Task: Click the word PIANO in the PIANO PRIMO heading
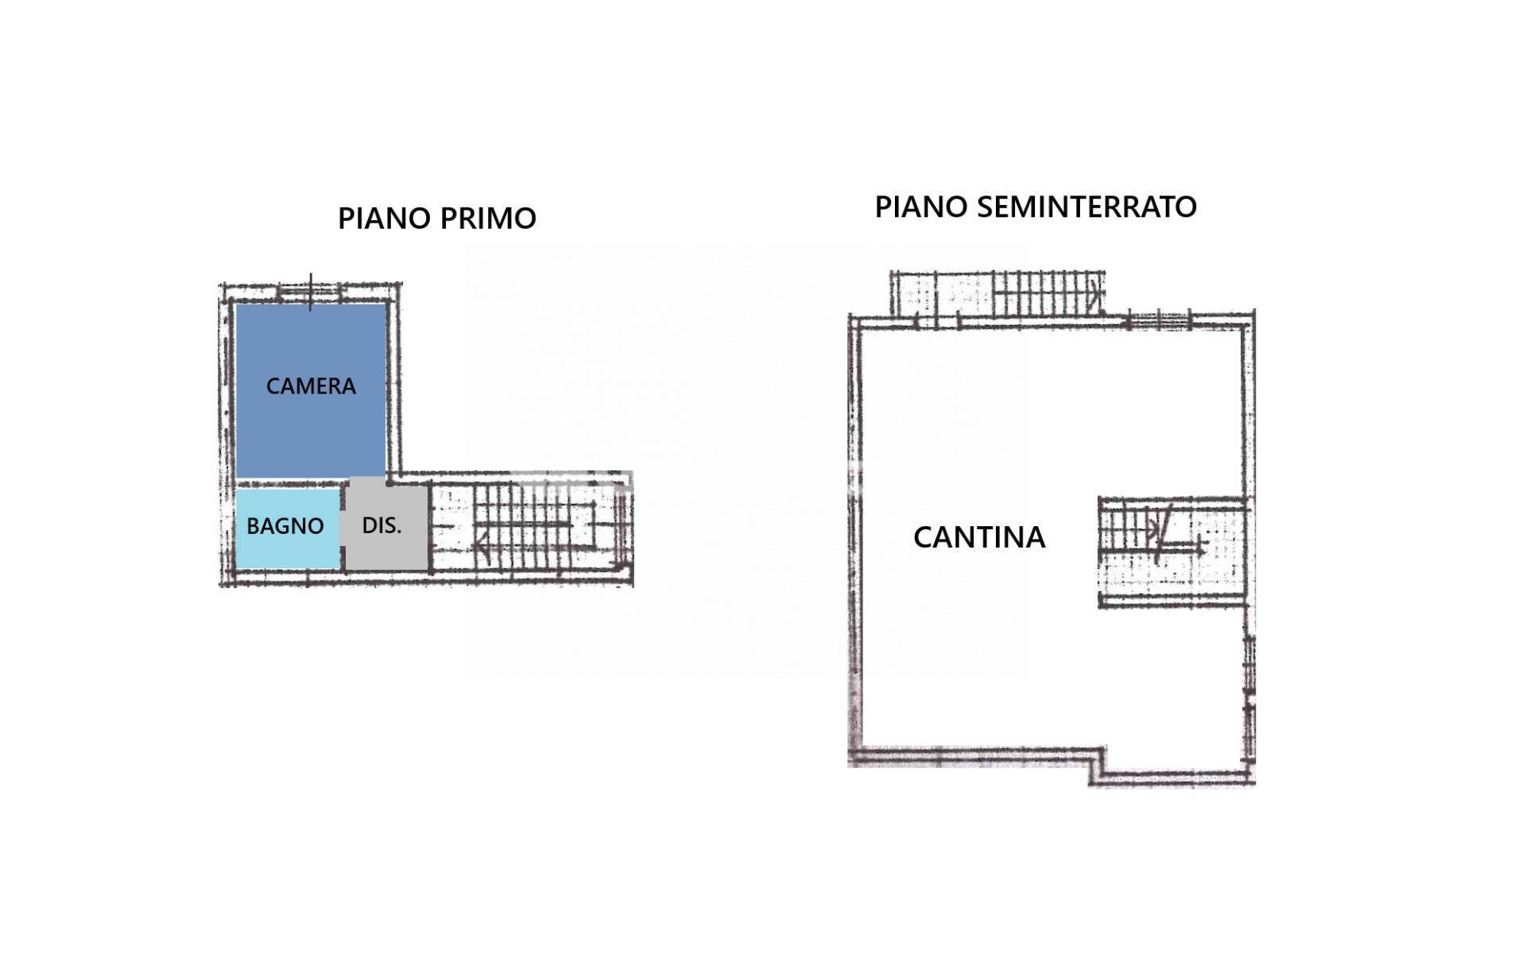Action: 385,219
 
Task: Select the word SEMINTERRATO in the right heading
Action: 1086,207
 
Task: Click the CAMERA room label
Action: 311,386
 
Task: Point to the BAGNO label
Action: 285,526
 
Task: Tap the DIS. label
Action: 381,525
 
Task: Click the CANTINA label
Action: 979,537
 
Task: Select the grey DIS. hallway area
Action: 386,524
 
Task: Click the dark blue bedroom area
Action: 311,391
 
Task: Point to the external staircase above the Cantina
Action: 997,293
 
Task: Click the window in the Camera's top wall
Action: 311,292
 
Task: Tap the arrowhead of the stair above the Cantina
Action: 1095,294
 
